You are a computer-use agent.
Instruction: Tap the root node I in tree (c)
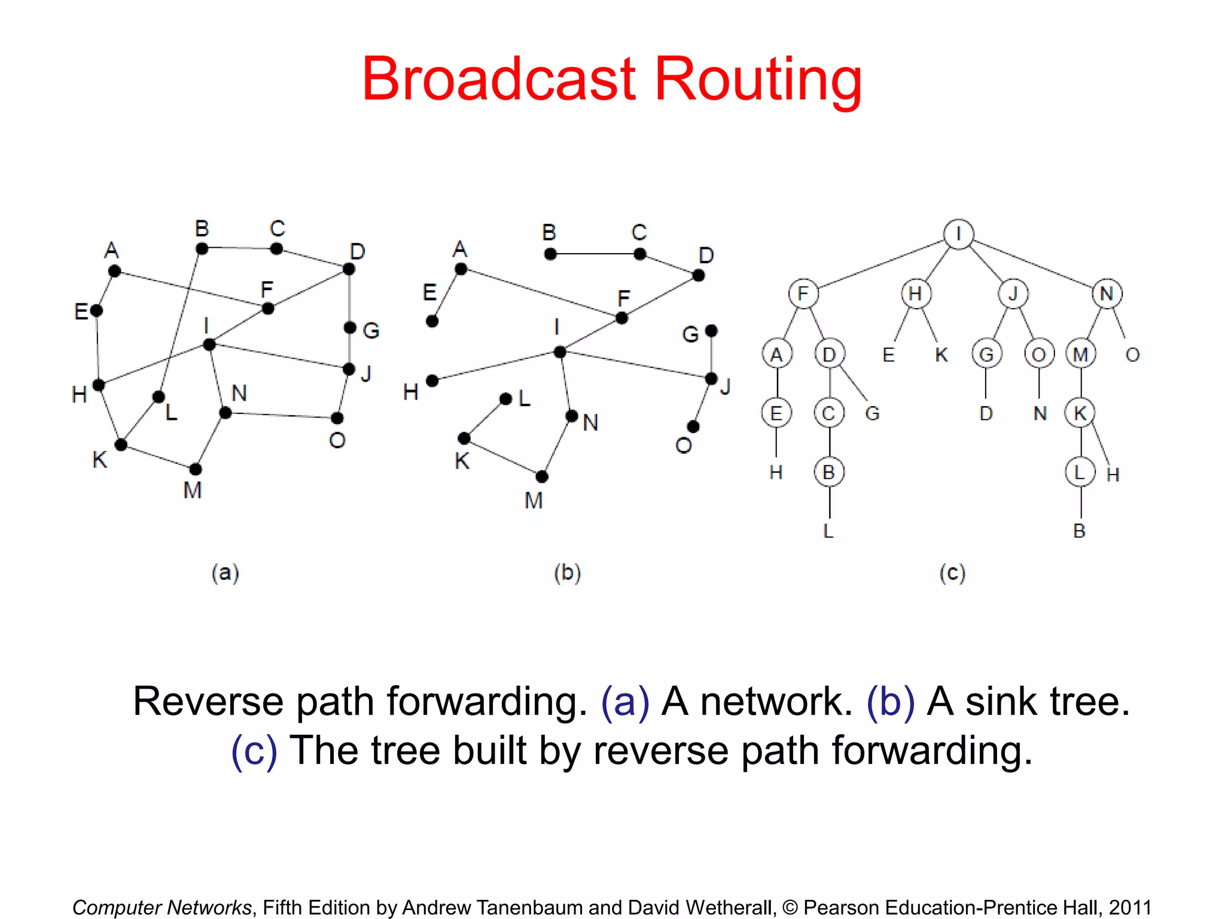pos(958,234)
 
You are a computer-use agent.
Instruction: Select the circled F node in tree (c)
pos(803,294)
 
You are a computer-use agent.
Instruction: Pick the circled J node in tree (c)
pos(1013,294)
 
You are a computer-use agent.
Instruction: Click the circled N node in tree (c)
pos(1107,294)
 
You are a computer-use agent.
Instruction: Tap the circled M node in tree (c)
pos(1080,354)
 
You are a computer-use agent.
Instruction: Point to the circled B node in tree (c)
pos(829,472)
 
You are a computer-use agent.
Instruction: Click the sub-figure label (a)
pos(226,573)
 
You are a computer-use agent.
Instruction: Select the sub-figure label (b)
pos(567,573)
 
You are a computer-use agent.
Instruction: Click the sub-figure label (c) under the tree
pos(952,573)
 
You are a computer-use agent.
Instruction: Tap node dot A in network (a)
pos(115,271)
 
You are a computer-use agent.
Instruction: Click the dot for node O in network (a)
pos(337,418)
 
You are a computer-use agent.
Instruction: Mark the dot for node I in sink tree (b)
pos(560,352)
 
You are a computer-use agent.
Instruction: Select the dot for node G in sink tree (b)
pos(711,331)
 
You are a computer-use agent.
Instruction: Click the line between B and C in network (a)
pos(239,248)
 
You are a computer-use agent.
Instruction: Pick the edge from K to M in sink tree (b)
pos(503,458)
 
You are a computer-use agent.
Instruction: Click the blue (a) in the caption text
pos(625,701)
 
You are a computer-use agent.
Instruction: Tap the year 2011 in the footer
pos(1130,907)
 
